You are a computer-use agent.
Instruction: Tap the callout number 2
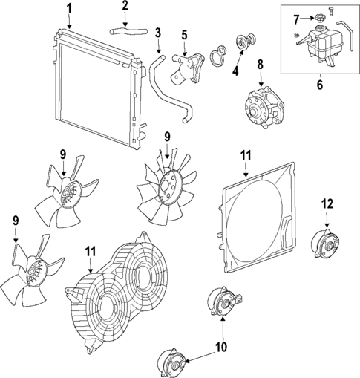[x=125, y=6]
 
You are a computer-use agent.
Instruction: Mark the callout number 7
[x=296, y=18]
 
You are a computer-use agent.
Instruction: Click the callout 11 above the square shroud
[x=246, y=154]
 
